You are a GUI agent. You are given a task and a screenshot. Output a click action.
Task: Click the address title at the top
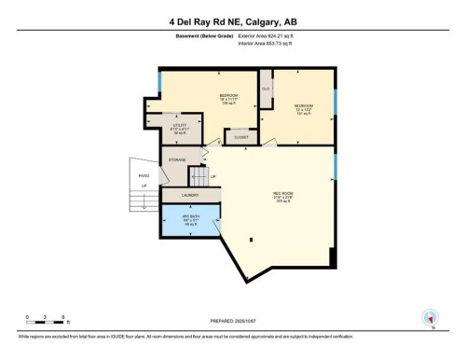coord(232,21)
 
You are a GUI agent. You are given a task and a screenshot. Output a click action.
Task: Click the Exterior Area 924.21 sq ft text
coord(272,35)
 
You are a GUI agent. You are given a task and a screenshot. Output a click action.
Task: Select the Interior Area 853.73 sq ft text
coord(271,44)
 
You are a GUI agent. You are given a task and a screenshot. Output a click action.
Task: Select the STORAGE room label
coord(177,160)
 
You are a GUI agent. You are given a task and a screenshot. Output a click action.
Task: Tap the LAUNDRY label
coord(191,195)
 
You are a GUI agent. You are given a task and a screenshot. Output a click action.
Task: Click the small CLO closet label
coord(266,89)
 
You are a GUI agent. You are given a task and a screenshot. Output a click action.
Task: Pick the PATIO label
coord(144,175)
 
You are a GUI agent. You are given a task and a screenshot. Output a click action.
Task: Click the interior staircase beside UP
coord(198,176)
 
